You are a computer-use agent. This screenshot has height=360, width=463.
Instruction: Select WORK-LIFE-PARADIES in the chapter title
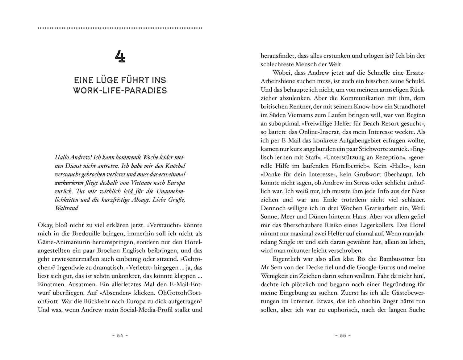(x=120, y=90)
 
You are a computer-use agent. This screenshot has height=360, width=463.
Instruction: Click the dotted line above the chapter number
(x=120, y=28)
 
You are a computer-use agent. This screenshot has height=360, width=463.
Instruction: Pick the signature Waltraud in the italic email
(x=66, y=208)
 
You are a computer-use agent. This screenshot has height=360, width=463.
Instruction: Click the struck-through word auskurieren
(x=69, y=183)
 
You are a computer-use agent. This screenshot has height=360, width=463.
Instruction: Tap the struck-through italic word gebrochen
(x=92, y=174)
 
